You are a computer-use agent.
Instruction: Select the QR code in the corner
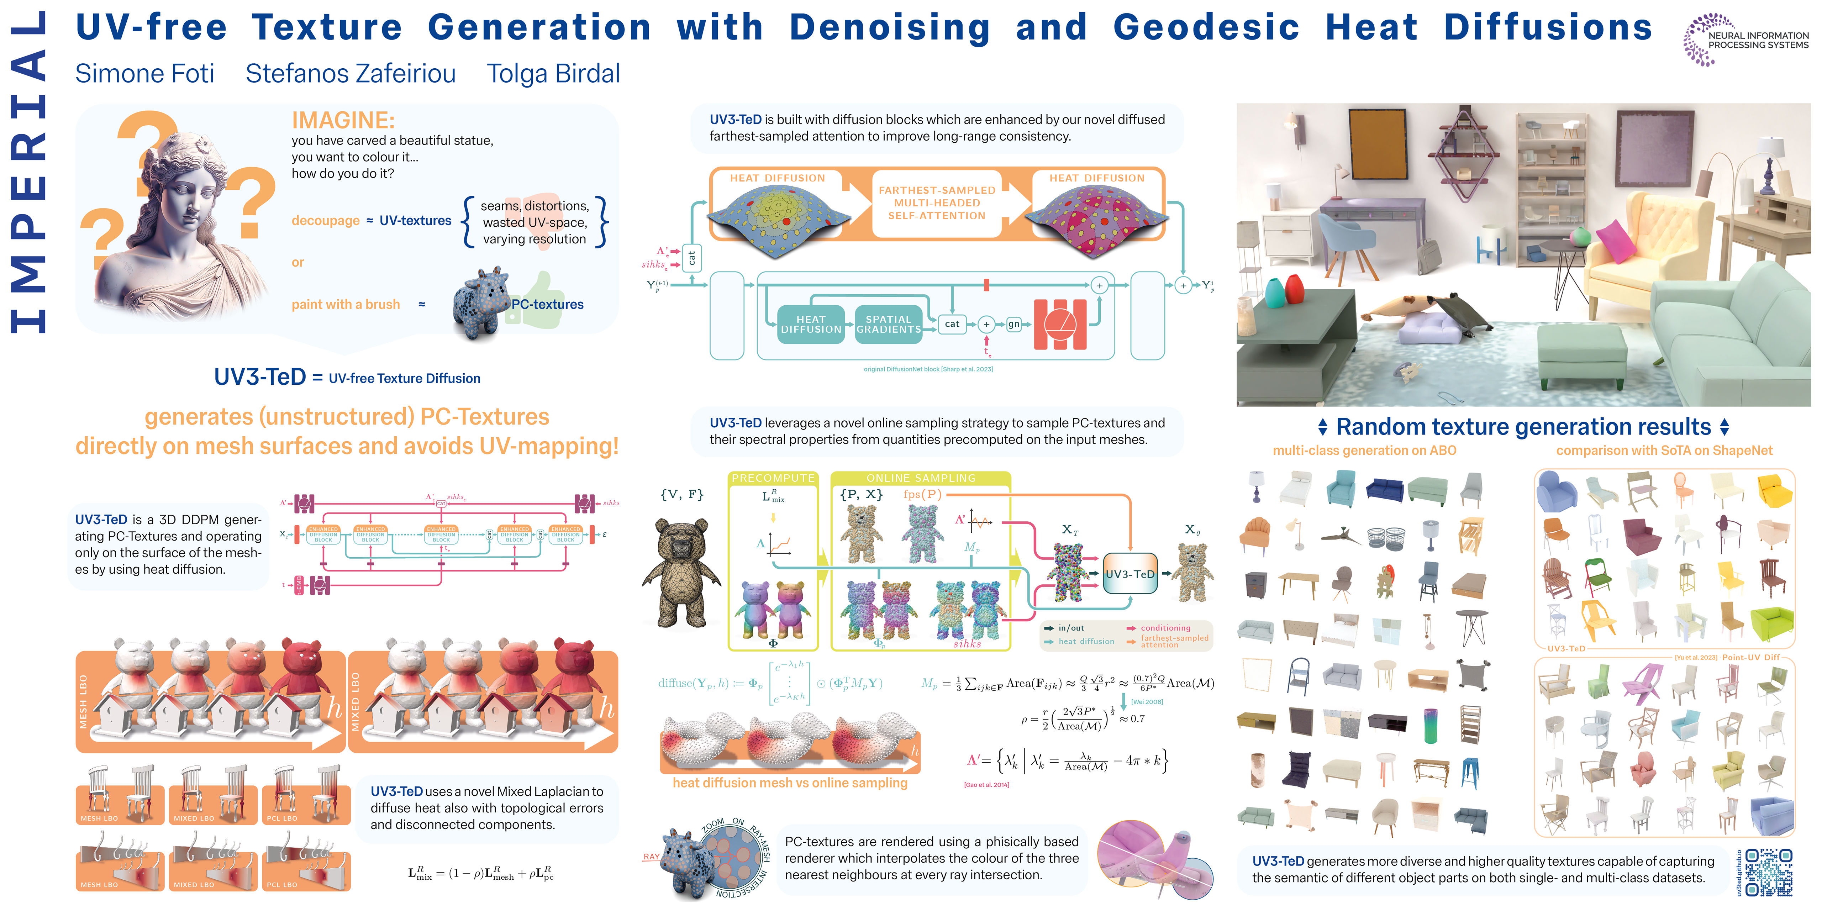(1768, 873)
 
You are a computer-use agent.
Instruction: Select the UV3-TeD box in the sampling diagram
(1129, 574)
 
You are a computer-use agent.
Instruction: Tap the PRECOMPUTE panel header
(773, 478)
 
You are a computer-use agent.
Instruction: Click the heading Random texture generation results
(1523, 427)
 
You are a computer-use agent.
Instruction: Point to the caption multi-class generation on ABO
(1364, 451)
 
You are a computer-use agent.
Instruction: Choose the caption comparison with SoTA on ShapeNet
(1664, 451)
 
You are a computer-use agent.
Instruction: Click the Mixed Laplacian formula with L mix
(481, 874)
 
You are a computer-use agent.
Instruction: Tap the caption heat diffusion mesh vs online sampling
(789, 783)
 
